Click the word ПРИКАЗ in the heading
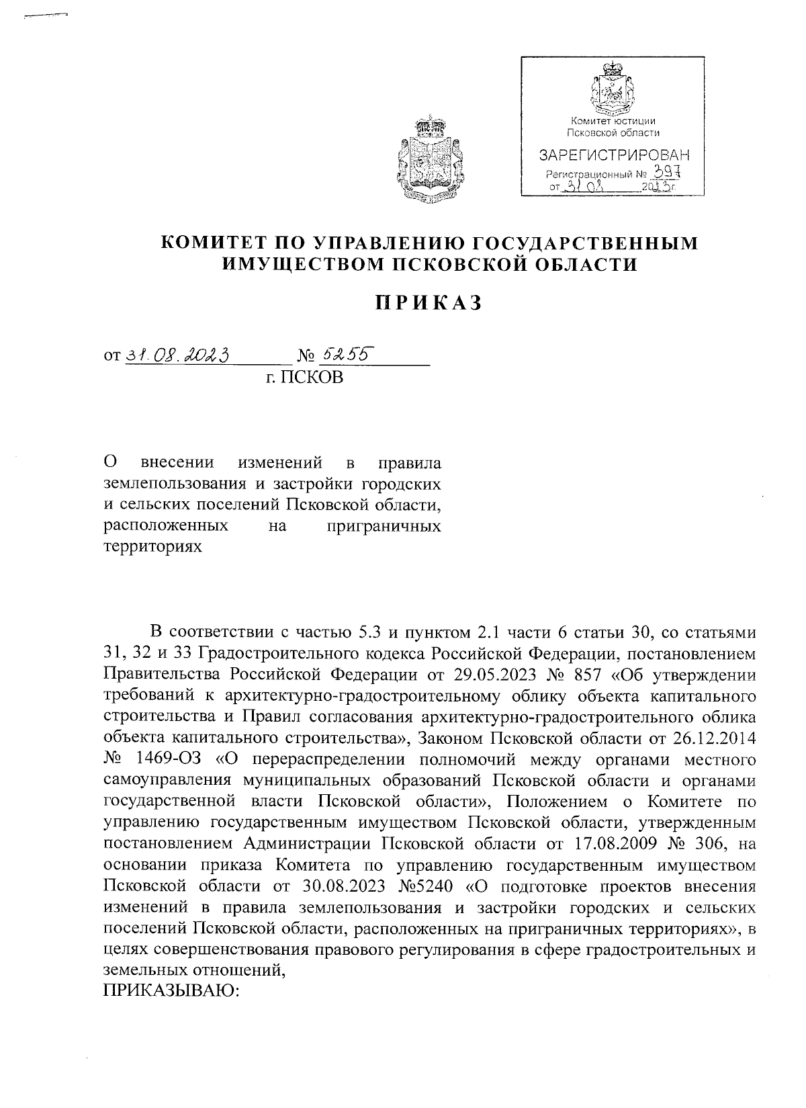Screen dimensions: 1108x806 click(428, 303)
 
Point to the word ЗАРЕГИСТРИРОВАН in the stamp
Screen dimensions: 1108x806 click(614, 157)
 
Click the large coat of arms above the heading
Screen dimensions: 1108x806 click(429, 159)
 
